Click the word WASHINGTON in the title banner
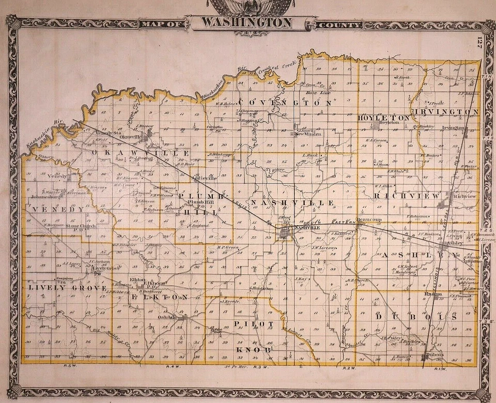pos(246,23)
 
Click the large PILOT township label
pos(253,323)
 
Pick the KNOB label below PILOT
pos(253,350)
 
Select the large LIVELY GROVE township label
pos(67,287)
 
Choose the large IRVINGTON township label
pos(446,112)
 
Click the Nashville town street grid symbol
pos(285,235)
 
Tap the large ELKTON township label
pos(160,298)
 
